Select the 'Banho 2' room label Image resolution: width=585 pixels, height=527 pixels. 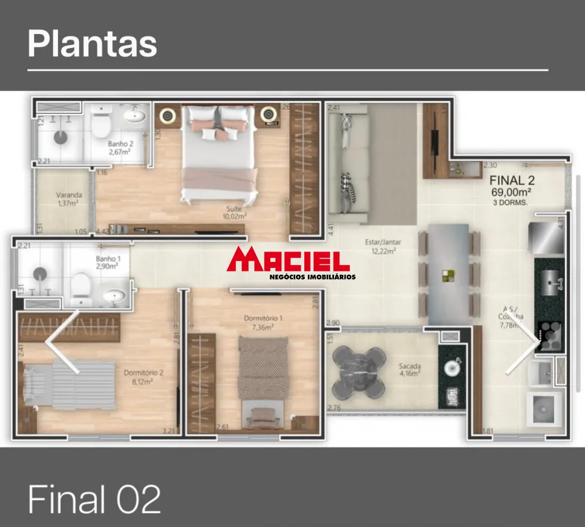(119, 147)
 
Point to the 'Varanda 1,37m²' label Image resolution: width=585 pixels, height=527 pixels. (68, 199)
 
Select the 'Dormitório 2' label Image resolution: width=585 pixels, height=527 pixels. (139, 376)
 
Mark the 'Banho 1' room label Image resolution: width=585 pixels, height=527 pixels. (108, 261)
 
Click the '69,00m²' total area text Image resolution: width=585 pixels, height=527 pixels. (511, 191)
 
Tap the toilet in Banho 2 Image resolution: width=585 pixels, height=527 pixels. (101, 121)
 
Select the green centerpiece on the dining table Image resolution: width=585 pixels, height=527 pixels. (449, 274)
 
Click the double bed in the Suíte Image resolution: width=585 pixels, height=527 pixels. (219, 153)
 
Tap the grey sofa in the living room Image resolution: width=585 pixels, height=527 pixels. (342, 163)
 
